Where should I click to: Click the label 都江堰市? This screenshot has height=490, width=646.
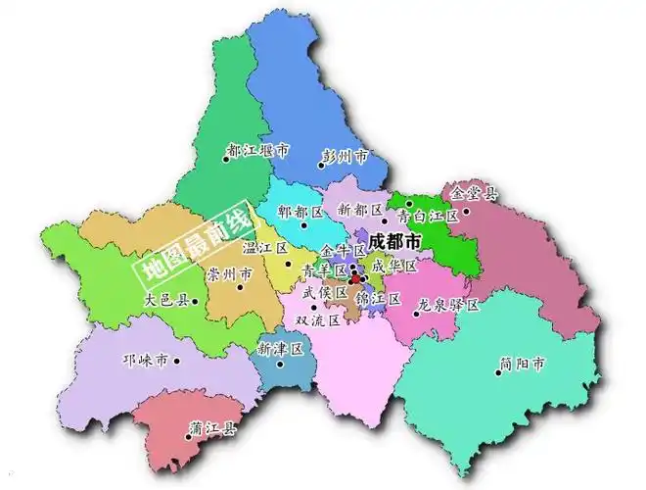pyautogui.click(x=258, y=150)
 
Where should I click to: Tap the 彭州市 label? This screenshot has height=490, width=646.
pyautogui.click(x=345, y=156)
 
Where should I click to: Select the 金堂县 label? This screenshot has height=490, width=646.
pyautogui.click(x=473, y=193)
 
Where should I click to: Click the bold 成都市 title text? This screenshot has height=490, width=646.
pyautogui.click(x=395, y=240)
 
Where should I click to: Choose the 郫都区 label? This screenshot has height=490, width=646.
pyautogui.click(x=300, y=212)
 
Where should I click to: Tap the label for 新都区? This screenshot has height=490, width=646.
pyautogui.click(x=359, y=210)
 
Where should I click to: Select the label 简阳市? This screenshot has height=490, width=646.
pyautogui.click(x=522, y=364)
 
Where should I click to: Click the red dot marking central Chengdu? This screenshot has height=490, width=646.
pyautogui.click(x=355, y=279)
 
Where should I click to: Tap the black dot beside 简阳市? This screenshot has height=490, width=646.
pyautogui.click(x=498, y=372)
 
